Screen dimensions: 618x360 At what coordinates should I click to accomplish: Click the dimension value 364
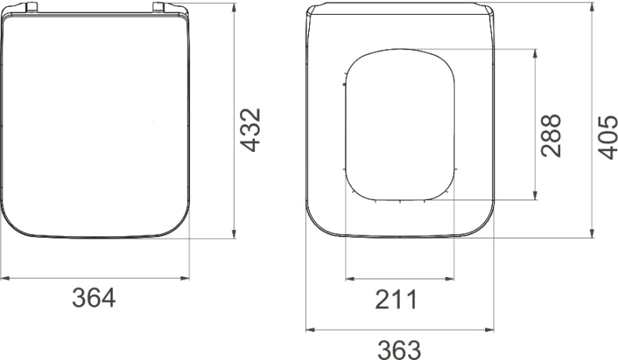[x=94, y=298]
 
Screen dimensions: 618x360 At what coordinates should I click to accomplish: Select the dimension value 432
[x=250, y=130]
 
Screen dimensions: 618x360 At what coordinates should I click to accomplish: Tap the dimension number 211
[x=396, y=299]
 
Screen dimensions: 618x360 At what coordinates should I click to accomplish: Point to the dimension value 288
[x=551, y=135]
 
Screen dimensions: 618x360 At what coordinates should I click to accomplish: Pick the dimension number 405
[x=607, y=137]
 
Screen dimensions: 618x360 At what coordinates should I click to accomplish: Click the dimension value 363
[x=399, y=349]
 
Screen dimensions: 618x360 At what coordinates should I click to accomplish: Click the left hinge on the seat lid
[x=31, y=6]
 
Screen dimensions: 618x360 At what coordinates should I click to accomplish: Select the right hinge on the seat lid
[x=159, y=6]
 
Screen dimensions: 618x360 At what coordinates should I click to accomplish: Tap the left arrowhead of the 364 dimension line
[x=5, y=279]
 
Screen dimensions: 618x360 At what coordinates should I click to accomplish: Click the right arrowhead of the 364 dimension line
[x=185, y=279]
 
